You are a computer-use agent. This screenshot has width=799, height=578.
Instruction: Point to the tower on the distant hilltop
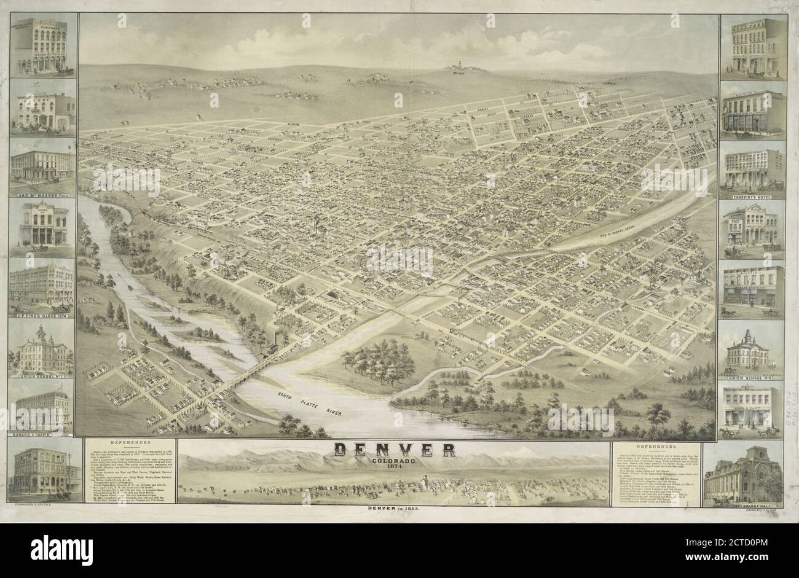458,63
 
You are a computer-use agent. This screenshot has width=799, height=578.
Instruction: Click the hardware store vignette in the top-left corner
42,47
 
